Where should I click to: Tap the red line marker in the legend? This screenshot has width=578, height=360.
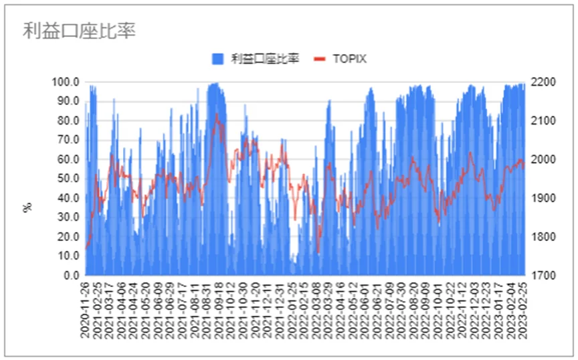pyautogui.click(x=319, y=59)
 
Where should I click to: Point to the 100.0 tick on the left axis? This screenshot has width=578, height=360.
pyautogui.click(x=67, y=82)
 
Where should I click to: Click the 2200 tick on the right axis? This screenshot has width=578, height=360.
pyautogui.click(x=541, y=82)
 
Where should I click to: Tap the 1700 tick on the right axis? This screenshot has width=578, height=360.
pyautogui.click(x=541, y=275)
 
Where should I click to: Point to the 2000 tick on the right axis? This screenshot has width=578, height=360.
pyautogui.click(x=541, y=160)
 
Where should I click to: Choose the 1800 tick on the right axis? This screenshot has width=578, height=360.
pyautogui.click(x=541, y=237)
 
